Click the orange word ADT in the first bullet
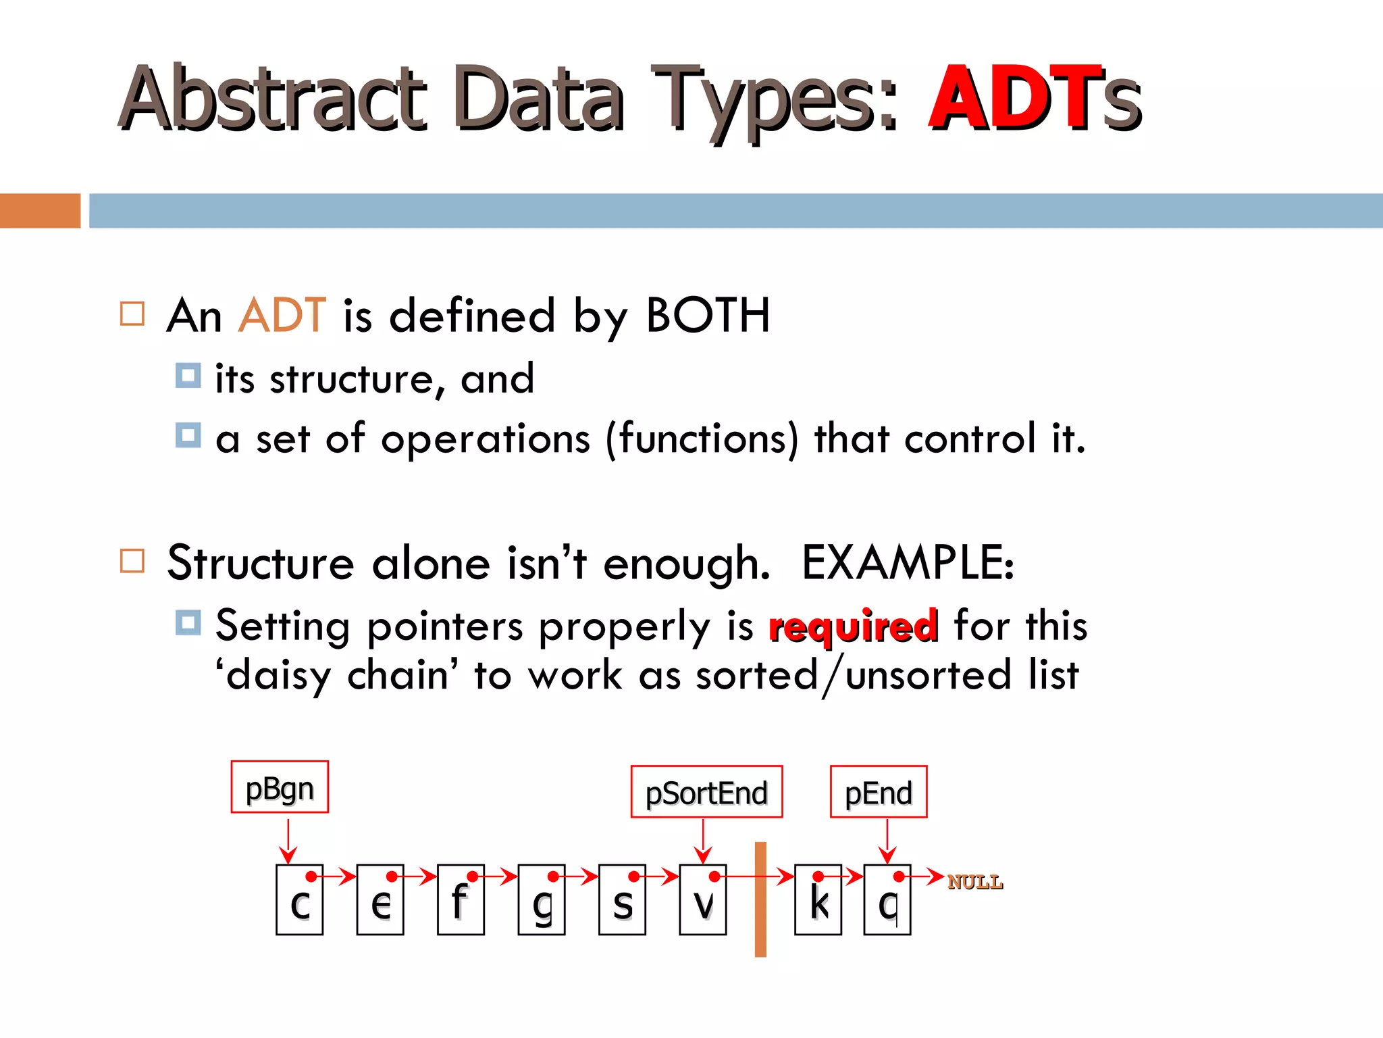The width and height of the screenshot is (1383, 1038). click(x=282, y=316)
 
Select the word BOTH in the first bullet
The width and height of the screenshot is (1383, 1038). click(x=708, y=316)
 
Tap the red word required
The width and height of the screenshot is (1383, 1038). click(x=854, y=626)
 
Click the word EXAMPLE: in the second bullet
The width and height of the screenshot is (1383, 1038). click(x=908, y=563)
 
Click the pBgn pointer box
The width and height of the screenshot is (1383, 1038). click(x=280, y=787)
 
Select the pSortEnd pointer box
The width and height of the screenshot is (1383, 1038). click(x=706, y=792)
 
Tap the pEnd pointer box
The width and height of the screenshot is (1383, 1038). click(x=878, y=792)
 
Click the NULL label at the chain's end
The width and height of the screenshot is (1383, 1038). click(x=974, y=882)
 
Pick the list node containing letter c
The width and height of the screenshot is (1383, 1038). click(x=299, y=900)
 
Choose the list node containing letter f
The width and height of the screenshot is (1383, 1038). click(x=461, y=900)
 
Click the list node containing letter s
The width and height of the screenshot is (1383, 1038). click(x=622, y=900)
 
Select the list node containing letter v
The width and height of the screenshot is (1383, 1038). click(x=703, y=900)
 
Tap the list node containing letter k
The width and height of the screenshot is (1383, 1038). click(x=818, y=900)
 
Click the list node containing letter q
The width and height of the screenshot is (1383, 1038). click(x=887, y=900)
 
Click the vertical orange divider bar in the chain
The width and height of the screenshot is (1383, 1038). click(x=760, y=899)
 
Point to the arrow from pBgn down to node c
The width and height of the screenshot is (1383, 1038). click(x=288, y=840)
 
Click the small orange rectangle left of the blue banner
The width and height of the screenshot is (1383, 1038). click(x=40, y=211)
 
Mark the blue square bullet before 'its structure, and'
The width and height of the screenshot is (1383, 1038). click(x=188, y=376)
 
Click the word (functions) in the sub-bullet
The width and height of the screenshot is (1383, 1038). click(x=702, y=439)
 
